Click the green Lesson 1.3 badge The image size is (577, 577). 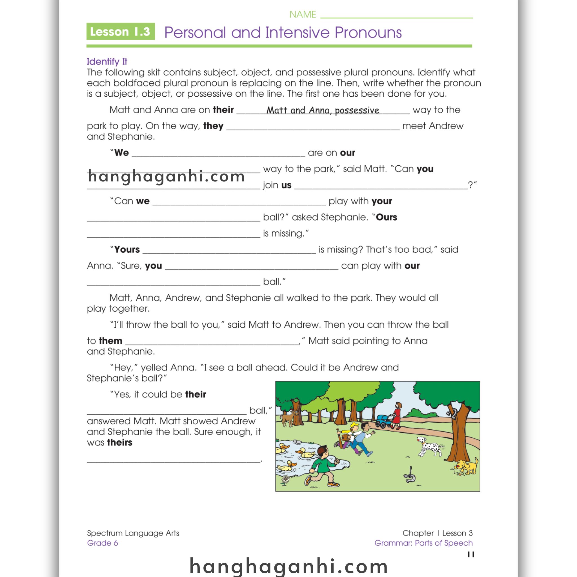tap(121, 31)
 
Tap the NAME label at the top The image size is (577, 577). tap(303, 14)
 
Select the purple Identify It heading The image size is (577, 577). tap(107, 61)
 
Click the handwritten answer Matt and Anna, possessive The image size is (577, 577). tap(323, 110)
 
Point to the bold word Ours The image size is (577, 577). tap(387, 217)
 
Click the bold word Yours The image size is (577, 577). tap(127, 249)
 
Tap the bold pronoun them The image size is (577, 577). tap(110, 341)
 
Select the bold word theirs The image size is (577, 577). tap(120, 442)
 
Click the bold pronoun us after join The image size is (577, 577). tap(286, 185)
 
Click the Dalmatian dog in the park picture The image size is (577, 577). tap(429, 446)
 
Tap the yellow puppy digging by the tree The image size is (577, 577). tap(467, 466)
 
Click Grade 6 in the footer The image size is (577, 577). tap(103, 543)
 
